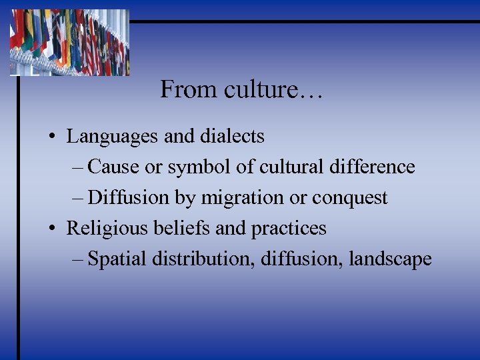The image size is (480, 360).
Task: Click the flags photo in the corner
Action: [x=69, y=41]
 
